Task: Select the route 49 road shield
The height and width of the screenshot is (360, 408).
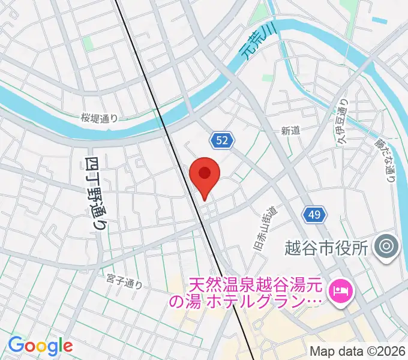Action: click(x=316, y=214)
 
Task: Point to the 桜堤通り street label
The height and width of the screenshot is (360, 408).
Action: click(x=100, y=118)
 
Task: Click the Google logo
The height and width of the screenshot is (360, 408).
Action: click(x=40, y=346)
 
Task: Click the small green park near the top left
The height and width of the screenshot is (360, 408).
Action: click(x=88, y=43)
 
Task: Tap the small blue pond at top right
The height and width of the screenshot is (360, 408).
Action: click(x=379, y=20)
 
